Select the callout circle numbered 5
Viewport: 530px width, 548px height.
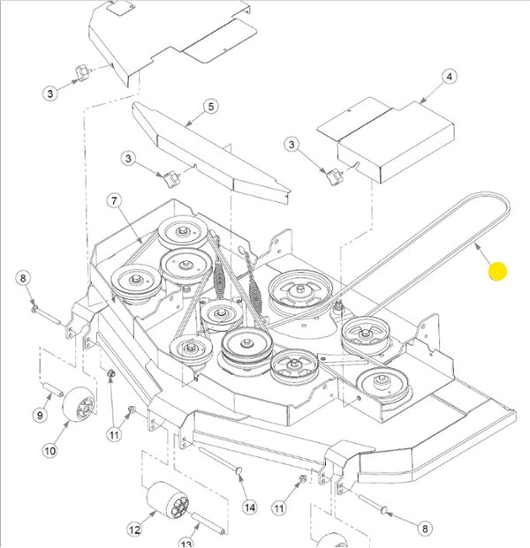210,107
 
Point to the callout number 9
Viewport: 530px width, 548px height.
38,416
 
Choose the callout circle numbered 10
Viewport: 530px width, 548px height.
50,451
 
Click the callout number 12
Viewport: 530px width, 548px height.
134,529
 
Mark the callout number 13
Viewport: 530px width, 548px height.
186,544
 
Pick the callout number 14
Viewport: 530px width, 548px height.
249,507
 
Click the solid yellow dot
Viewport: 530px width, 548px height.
498,272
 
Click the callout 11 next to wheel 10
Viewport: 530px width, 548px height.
114,434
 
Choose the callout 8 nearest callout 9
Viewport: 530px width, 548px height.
24,280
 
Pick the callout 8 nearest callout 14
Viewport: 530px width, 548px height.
425,529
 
